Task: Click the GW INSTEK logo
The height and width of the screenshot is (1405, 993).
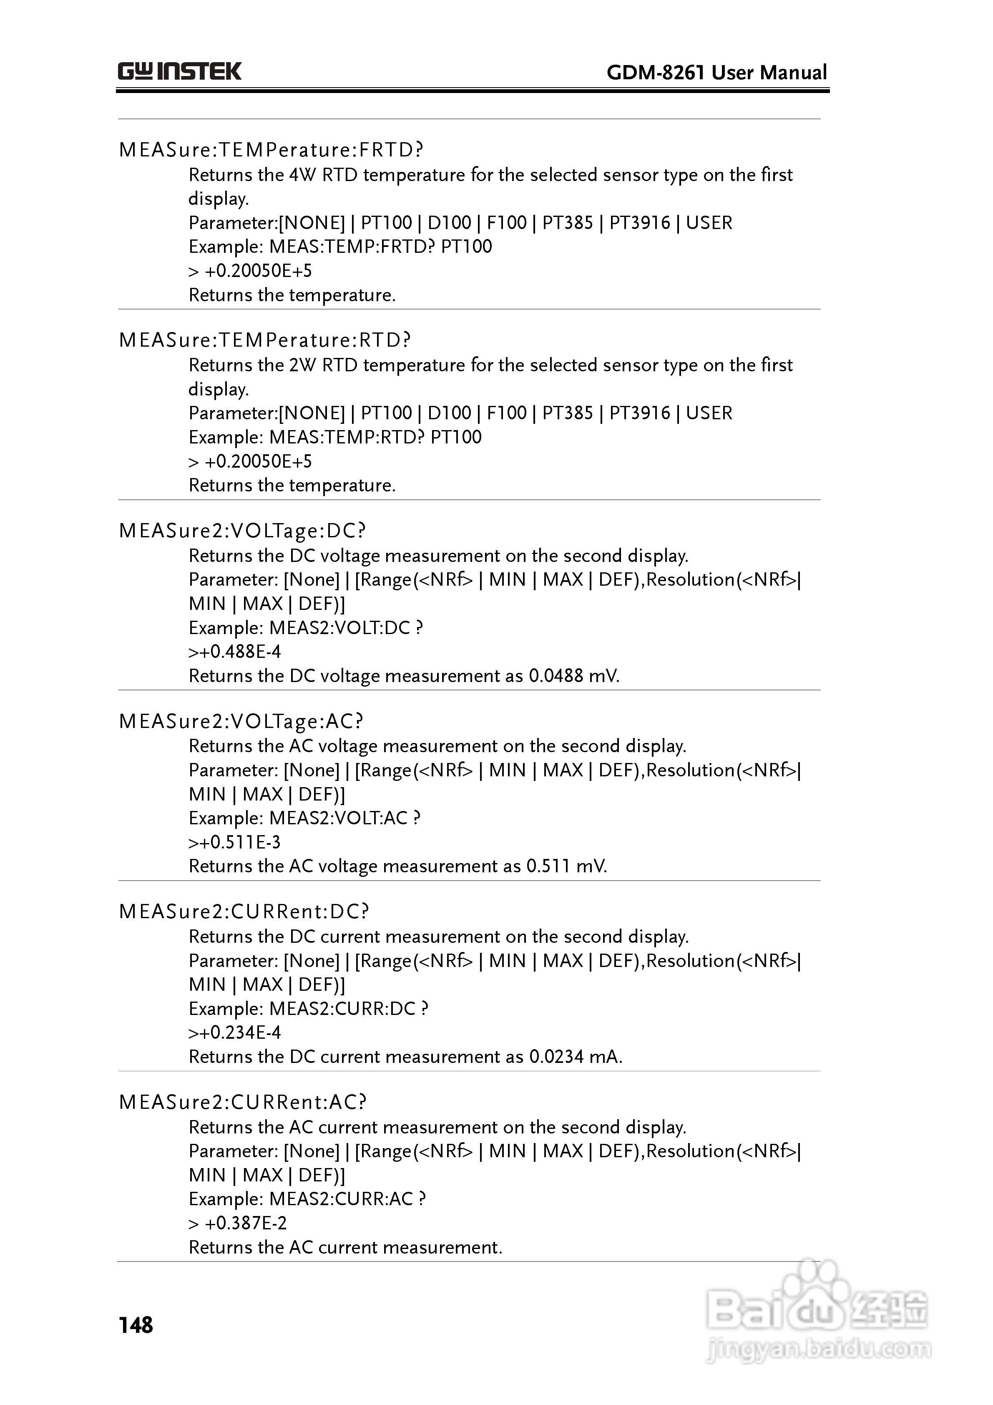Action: [180, 72]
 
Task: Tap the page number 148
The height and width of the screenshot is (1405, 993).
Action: [136, 1325]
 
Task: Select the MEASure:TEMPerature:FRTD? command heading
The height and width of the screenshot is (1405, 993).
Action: [271, 150]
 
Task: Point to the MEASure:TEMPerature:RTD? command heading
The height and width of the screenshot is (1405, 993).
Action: [265, 340]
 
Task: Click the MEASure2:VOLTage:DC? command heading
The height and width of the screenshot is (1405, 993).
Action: [242, 531]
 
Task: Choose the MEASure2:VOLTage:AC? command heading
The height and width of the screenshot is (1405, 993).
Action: [241, 721]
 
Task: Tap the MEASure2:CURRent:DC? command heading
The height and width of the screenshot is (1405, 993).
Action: [244, 912]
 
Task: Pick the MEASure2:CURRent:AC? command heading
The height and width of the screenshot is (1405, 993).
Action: [243, 1102]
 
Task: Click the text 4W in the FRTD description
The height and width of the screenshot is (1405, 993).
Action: [302, 176]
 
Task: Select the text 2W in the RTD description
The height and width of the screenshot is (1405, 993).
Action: [302, 366]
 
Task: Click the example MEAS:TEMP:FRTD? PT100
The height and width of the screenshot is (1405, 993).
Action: [380, 247]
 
